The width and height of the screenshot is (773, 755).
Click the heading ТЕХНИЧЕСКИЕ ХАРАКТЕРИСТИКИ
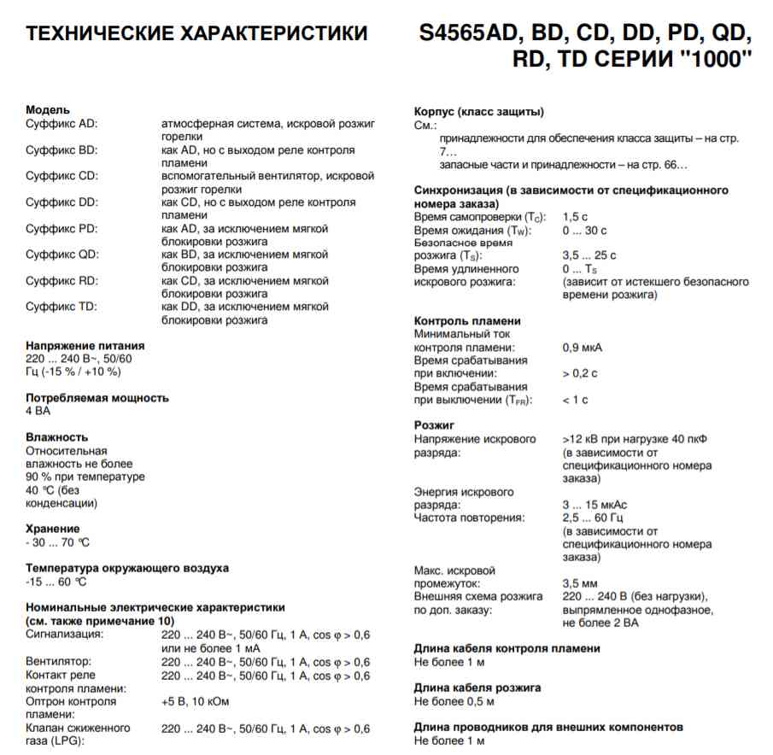tap(197, 35)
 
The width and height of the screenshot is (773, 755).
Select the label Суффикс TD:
tap(61, 307)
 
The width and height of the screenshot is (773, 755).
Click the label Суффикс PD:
tap(61, 229)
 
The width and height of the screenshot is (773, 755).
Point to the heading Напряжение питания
tap(85, 346)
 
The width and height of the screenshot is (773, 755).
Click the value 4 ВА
tap(38, 411)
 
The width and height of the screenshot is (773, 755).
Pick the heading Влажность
tap(57, 437)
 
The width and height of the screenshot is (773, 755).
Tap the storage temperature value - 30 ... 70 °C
tap(57, 541)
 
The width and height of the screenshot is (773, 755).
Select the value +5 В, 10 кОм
tap(196, 701)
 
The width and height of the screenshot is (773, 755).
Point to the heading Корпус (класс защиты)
tap(479, 111)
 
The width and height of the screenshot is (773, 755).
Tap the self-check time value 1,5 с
tap(576, 218)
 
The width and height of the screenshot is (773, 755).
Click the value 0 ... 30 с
tap(584, 231)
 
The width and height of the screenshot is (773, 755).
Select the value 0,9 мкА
tap(582, 348)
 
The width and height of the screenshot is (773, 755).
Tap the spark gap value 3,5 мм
tap(578, 583)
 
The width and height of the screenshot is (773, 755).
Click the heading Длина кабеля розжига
tap(477, 688)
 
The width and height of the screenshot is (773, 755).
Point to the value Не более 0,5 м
tap(454, 701)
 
